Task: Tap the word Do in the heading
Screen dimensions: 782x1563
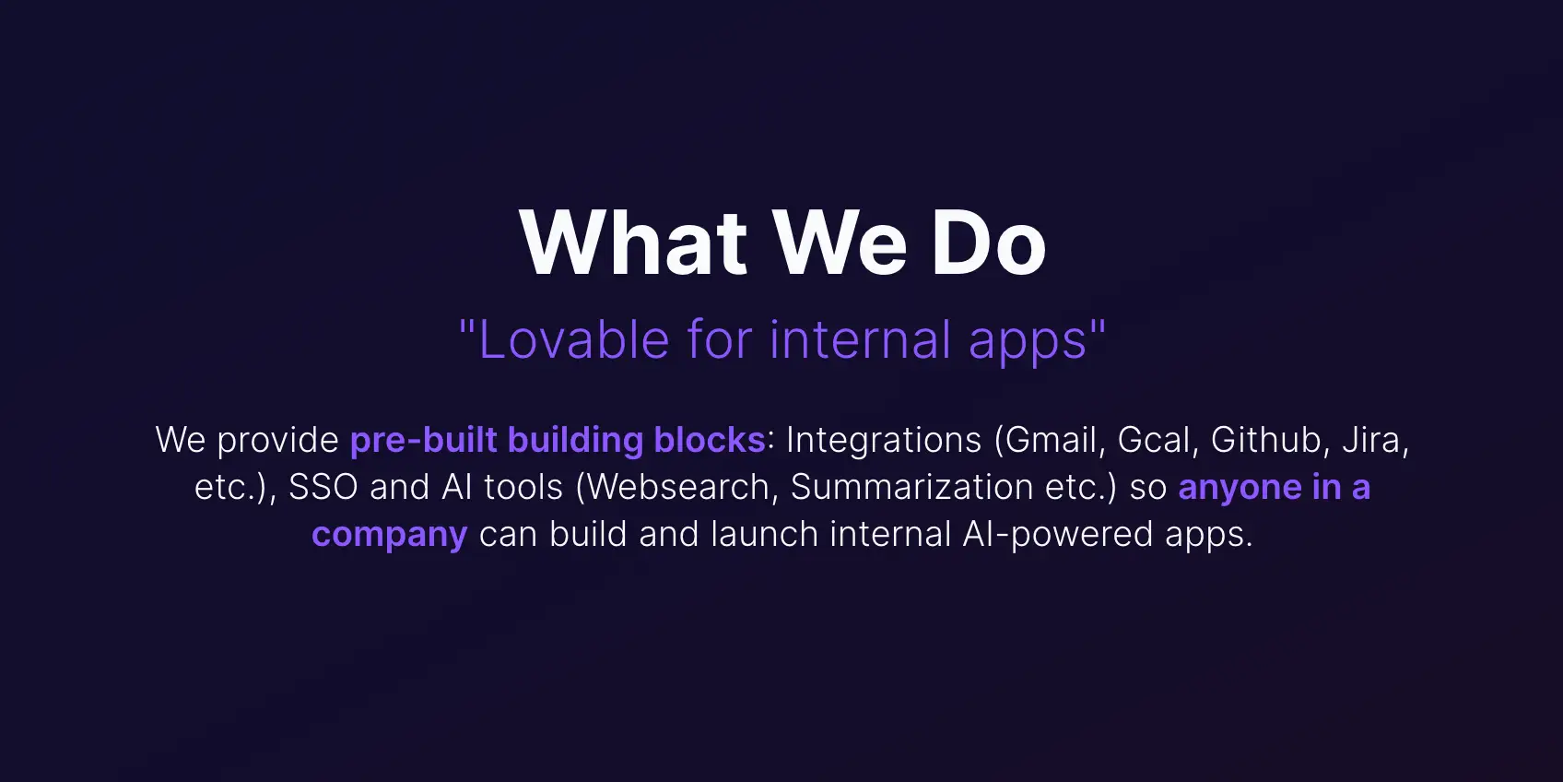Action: coord(988,243)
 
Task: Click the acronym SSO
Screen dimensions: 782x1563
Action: coord(323,487)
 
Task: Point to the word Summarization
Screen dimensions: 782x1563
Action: coord(911,487)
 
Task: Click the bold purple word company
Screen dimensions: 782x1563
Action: coord(389,535)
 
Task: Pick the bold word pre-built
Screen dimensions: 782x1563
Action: coord(424,440)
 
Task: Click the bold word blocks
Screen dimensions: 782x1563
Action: coord(710,440)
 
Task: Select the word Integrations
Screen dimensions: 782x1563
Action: coord(884,440)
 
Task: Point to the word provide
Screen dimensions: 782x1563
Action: coord(278,441)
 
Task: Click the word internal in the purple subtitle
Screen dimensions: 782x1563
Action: coord(860,339)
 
